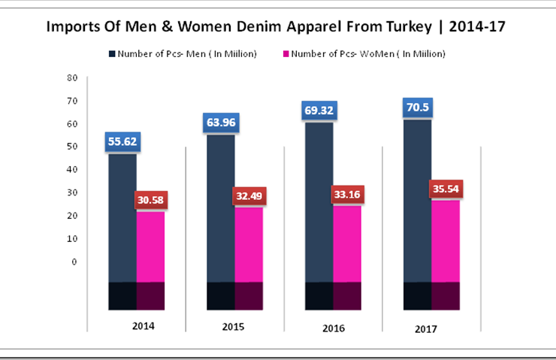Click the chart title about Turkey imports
click(276, 27)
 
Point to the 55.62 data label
click(122, 141)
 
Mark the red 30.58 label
click(150, 200)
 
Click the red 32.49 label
click(249, 195)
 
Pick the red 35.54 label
click(446, 188)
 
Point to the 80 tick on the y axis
click(72, 77)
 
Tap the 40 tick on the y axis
click(72, 170)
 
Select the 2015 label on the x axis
click(233, 327)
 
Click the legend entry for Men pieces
click(184, 54)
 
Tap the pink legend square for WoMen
click(286, 54)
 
